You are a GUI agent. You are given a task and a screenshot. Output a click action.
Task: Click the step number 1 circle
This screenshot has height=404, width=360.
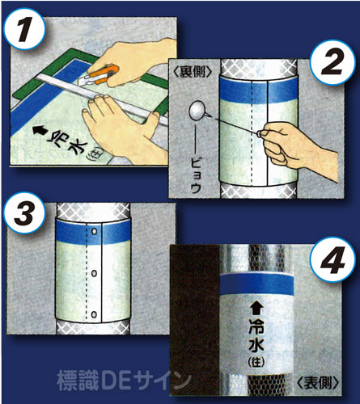tap(24, 29)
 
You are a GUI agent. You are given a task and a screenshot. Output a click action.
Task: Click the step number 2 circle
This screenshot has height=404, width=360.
tap(332, 64)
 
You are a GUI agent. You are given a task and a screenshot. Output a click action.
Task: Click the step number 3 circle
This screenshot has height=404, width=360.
tap(24, 213)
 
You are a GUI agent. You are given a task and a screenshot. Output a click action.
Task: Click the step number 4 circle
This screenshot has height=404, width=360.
tap(332, 259)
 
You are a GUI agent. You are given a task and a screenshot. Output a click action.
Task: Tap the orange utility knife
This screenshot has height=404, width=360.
tap(100, 76)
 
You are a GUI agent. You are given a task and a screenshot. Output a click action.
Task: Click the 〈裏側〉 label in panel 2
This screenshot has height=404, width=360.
tap(192, 72)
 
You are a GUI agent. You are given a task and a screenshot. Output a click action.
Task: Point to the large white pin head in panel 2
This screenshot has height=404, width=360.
tap(197, 111)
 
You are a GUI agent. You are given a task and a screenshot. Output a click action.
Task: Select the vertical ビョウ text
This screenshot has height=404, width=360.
tap(196, 175)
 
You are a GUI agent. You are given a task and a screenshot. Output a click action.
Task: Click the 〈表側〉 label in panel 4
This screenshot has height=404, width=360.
tap(318, 382)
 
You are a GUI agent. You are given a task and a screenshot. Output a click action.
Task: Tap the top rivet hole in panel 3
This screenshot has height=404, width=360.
tap(95, 231)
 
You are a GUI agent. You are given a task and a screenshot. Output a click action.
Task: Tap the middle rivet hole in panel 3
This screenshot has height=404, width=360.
tap(95, 274)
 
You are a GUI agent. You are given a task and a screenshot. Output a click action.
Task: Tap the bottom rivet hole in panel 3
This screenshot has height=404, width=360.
tap(95, 314)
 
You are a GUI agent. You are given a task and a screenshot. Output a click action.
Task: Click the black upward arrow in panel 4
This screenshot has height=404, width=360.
tap(256, 308)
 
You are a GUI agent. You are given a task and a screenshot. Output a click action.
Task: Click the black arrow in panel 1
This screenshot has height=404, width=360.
tap(40, 131)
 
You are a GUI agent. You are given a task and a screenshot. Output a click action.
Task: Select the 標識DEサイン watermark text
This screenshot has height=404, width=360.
tap(124, 381)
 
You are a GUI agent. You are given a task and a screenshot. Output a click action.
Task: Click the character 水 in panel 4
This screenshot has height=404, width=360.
tap(256, 345)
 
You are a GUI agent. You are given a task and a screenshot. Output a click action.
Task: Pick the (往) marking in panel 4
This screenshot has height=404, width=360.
tap(256, 361)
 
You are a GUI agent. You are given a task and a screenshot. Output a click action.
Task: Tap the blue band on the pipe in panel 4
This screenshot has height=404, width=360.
tap(256, 284)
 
